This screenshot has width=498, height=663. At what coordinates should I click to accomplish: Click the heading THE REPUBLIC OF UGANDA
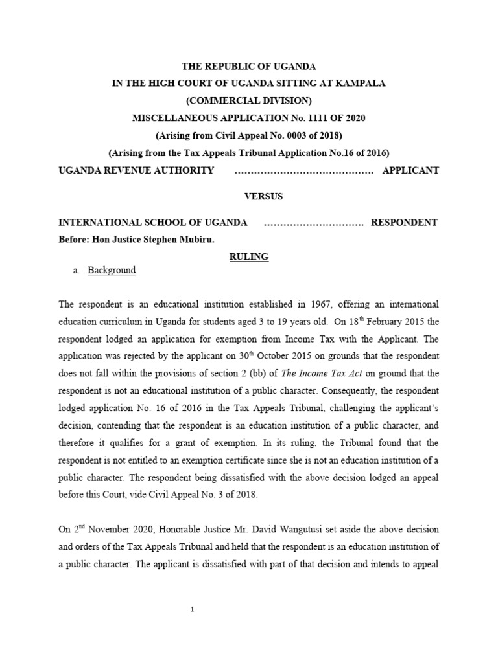coord(248,66)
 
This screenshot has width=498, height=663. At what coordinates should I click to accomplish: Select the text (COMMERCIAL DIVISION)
coord(248,100)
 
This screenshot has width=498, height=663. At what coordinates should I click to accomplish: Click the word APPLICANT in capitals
coord(410,170)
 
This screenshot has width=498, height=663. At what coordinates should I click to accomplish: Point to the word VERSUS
coord(248,196)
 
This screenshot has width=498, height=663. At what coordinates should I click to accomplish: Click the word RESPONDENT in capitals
coord(404,223)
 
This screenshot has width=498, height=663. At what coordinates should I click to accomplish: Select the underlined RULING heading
coord(248,256)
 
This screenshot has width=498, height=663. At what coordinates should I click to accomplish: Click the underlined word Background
coord(112,270)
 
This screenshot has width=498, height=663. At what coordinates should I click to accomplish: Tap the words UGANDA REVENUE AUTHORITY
coord(136,170)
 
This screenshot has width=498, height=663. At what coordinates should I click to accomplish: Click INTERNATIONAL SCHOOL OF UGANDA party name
coord(153,223)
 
